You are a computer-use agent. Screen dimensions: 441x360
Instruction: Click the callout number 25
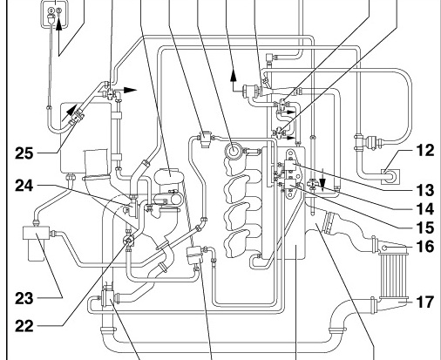pos(24,153)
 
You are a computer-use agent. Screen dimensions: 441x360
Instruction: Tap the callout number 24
pos(24,186)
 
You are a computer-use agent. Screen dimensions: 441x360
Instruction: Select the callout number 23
pos(24,298)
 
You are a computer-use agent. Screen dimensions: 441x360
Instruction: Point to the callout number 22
pos(24,326)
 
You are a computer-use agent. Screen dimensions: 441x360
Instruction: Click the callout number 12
pos(425,150)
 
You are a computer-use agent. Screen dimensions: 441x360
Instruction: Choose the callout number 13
pos(425,190)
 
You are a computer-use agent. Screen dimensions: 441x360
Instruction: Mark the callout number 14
pos(425,209)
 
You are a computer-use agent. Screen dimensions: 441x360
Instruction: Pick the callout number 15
pos(425,228)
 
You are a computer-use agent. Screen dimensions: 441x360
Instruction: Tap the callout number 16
pos(425,246)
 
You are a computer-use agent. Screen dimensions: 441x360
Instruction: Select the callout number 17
pos(425,302)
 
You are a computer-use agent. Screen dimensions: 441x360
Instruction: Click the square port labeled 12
pos(390,176)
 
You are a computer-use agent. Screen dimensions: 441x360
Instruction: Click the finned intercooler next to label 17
pos(394,276)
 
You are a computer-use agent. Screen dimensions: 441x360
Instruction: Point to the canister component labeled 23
pos(36,242)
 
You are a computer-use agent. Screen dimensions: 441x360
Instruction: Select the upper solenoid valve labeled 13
pos(290,165)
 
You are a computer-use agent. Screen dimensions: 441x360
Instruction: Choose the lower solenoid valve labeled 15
pos(290,184)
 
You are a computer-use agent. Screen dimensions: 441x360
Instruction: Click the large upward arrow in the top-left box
pos(58,24)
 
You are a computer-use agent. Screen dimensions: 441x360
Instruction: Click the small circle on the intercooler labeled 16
pos(384,248)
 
